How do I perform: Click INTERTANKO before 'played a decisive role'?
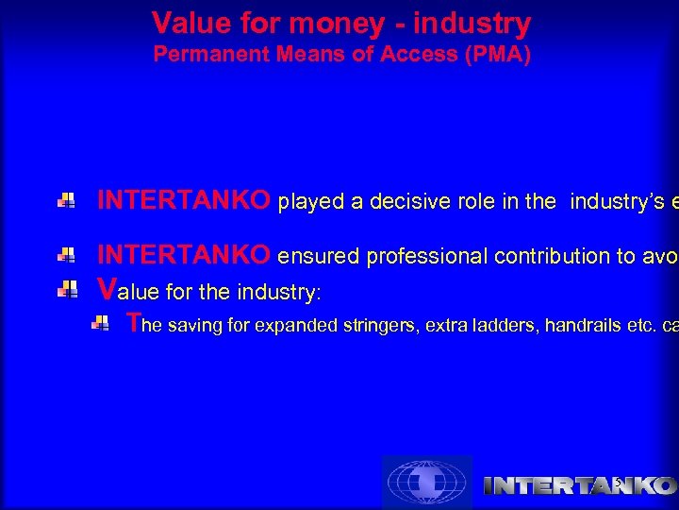pos(185,200)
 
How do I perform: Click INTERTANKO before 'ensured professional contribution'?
pos(185,255)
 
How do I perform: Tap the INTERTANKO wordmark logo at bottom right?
pos(579,485)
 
